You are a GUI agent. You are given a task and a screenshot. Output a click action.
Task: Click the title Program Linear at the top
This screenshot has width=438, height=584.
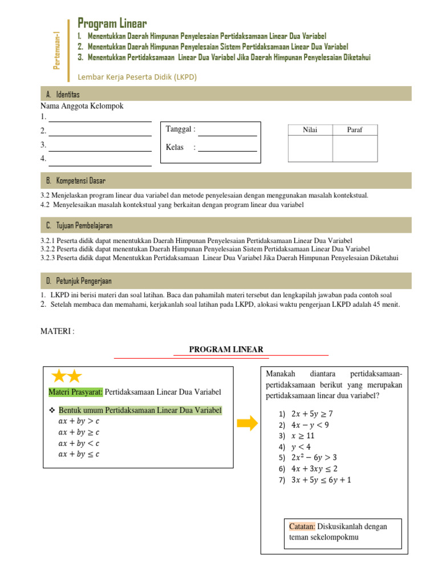[112, 23]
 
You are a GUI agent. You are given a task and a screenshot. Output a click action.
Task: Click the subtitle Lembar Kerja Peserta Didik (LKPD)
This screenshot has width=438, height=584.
[137, 77]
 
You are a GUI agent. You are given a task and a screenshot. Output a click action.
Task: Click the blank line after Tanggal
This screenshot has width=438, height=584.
[227, 130]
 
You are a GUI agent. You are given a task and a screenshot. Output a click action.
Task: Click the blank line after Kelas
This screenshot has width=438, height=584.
[227, 148]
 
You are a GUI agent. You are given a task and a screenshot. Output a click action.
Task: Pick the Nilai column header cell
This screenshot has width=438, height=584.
[310, 130]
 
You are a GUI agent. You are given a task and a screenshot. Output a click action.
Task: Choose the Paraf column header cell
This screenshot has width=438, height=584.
[355, 130]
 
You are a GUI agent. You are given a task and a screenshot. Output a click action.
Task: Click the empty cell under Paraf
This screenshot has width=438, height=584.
[355, 148]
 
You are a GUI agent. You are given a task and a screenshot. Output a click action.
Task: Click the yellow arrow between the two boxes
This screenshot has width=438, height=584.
[246, 423]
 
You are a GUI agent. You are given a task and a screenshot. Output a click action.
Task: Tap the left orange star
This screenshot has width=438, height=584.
[59, 376]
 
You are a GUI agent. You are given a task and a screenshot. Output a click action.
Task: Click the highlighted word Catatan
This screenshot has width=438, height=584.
[302, 526]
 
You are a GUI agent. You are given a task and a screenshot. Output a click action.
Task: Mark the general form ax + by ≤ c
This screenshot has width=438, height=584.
[79, 454]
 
